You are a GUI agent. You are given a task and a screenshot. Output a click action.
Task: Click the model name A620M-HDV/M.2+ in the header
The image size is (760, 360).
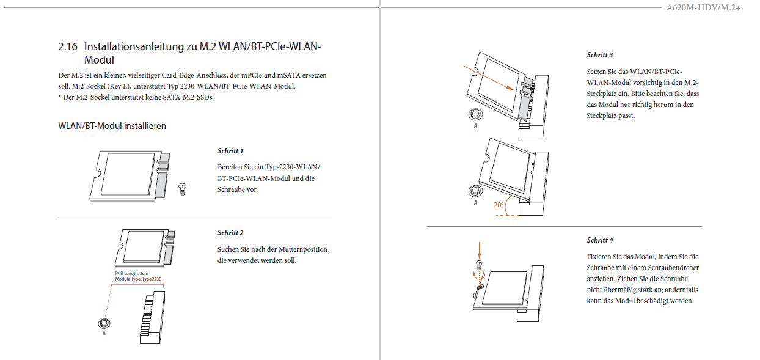pos(703,8)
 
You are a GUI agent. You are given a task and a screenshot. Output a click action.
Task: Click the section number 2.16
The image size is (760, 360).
pos(68,46)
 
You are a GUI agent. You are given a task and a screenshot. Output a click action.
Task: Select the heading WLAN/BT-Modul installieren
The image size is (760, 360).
pos(112,126)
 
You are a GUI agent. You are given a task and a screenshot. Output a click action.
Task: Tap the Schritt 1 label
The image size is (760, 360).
pos(230,151)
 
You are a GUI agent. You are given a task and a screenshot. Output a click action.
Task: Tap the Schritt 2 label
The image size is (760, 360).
pos(230,233)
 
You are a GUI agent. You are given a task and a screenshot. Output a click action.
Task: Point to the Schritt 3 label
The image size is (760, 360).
pos(600,55)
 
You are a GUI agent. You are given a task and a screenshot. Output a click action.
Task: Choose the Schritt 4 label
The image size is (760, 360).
pos(600,240)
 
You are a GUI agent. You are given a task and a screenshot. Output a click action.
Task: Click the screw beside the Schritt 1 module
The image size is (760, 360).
pos(183,189)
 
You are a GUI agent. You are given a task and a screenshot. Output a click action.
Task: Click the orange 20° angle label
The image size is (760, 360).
pos(499,205)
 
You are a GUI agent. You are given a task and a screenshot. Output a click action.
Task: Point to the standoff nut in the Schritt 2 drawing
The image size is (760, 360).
pos(104,323)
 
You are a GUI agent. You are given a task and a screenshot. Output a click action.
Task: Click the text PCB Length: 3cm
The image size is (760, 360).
pos(131,273)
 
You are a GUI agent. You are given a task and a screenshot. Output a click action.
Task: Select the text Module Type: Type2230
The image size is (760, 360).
pos(138,279)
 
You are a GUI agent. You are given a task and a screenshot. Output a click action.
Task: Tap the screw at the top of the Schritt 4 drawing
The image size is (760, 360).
pos(479,265)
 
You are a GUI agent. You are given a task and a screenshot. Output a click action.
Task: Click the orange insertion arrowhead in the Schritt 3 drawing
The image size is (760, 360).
pos(510,87)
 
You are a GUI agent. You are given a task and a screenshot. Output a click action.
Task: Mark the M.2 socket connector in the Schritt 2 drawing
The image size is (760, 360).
pos(152,318)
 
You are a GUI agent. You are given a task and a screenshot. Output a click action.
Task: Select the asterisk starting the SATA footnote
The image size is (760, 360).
pos(60,97)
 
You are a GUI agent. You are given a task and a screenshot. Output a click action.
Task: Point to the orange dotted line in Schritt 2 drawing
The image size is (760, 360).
pos(108,303)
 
